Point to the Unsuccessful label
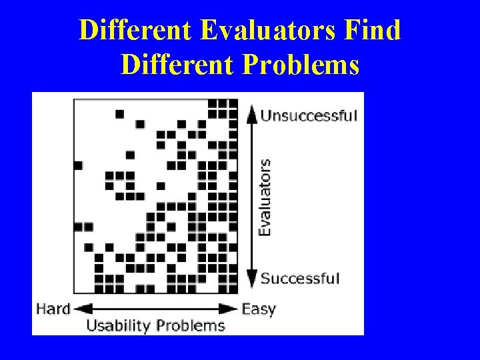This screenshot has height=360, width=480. pyautogui.click(x=309, y=116)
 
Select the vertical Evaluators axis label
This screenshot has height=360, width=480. pyautogui.click(x=265, y=197)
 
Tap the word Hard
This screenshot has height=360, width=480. pyautogui.click(x=53, y=309)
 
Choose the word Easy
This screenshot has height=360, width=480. pyautogui.click(x=259, y=309)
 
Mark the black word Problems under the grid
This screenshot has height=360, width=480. pyautogui.click(x=192, y=326)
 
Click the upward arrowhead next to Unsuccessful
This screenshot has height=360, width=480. pyautogui.click(x=251, y=113)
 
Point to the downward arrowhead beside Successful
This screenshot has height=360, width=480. pyautogui.click(x=251, y=279)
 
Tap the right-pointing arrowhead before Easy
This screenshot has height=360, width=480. pyautogui.click(x=231, y=309)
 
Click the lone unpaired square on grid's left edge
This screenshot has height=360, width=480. pyautogui.click(x=78, y=165)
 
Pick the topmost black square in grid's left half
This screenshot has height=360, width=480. pyautogui.click(x=119, y=114)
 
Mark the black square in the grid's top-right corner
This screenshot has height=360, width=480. pyautogui.click(x=233, y=103)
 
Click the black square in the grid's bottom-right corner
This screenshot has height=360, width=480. pyautogui.click(x=233, y=289)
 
